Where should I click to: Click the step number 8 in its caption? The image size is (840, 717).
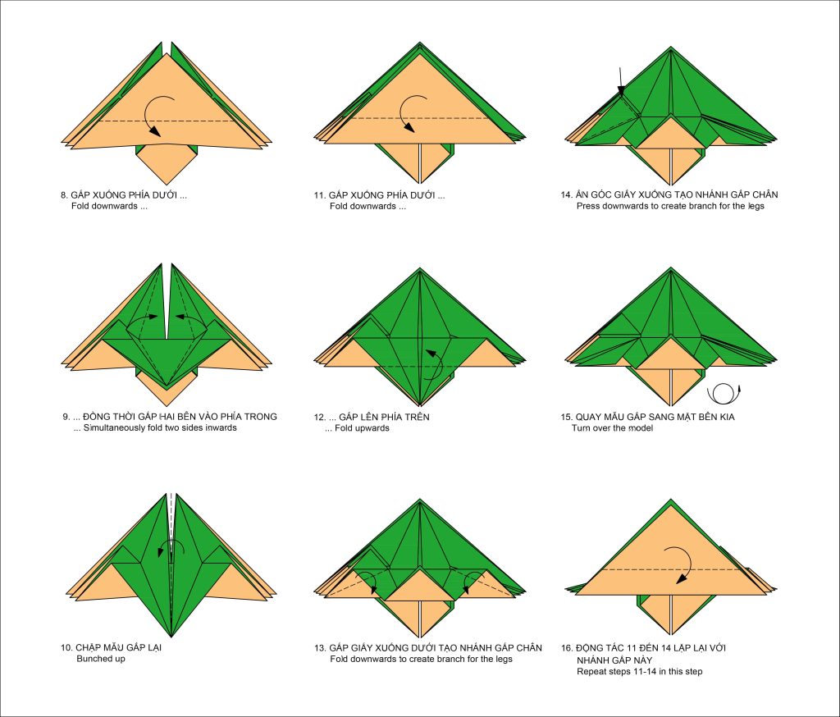64,195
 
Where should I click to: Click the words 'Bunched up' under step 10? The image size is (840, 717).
101,659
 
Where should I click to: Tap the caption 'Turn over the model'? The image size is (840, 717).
612,427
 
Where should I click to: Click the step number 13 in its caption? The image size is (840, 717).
319,648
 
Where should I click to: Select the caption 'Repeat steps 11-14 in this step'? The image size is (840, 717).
639,671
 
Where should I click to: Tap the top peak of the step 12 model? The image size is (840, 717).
420,268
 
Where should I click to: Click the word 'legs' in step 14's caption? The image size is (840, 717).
756,206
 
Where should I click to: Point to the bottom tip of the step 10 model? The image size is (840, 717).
171,637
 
